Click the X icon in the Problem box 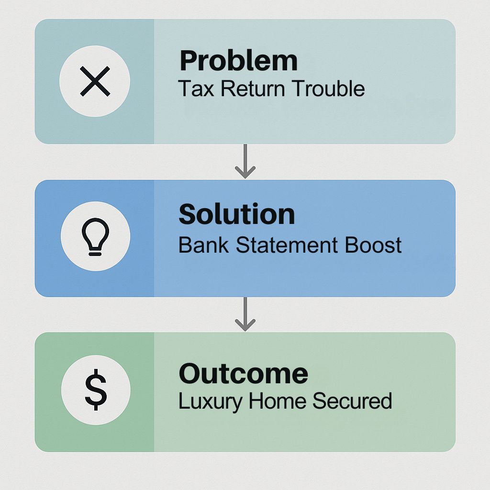tap(95, 81)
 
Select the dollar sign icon tap(96, 390)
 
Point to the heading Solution tap(236, 214)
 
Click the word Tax tap(196, 89)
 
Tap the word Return tap(253, 89)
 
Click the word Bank tap(203, 245)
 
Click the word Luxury tap(211, 401)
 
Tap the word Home tap(277, 401)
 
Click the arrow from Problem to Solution tap(245, 161)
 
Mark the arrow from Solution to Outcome tap(245, 314)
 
